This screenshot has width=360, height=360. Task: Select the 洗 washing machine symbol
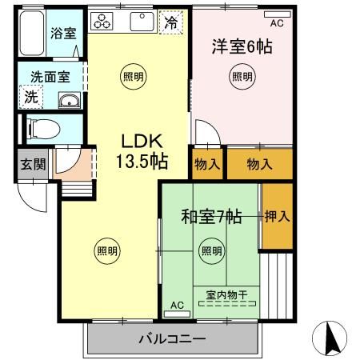point(30,98)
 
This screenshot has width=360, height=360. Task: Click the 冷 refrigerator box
point(171,22)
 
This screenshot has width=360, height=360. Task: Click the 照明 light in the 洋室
point(242,77)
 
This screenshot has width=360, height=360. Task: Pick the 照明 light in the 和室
point(211,250)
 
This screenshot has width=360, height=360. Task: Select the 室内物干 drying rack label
point(226,295)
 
